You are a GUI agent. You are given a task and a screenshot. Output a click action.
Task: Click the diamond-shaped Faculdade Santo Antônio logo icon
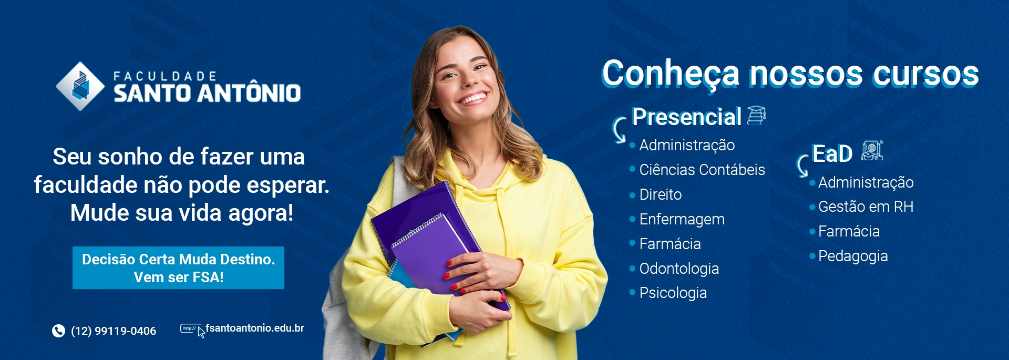80,86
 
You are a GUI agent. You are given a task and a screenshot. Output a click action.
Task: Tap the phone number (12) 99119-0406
114,331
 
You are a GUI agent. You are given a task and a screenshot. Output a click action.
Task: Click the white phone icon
58,331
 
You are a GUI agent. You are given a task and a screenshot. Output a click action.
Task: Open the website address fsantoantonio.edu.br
255,328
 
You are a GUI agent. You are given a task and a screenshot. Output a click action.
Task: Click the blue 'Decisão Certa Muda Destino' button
178,268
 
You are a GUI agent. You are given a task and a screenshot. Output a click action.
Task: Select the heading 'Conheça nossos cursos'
790,74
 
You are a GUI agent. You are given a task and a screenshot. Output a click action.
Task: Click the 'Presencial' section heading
686,117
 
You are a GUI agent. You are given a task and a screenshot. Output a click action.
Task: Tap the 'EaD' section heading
832,153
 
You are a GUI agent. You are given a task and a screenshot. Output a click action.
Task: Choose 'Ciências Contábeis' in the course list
702,170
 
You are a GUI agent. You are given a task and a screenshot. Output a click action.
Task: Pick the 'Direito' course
661,194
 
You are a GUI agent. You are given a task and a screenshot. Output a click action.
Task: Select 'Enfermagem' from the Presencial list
682,219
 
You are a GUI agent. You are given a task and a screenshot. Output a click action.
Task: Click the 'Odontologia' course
679,269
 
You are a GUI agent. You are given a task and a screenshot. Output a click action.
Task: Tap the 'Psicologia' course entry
673,293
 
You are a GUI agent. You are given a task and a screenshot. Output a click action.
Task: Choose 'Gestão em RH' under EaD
866,207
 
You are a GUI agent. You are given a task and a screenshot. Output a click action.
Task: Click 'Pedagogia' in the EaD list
853,256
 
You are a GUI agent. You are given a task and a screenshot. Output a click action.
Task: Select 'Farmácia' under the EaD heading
849,231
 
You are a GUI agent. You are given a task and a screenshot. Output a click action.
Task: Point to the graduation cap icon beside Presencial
756,115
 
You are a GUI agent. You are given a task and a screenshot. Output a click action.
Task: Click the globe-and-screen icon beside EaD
872,151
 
